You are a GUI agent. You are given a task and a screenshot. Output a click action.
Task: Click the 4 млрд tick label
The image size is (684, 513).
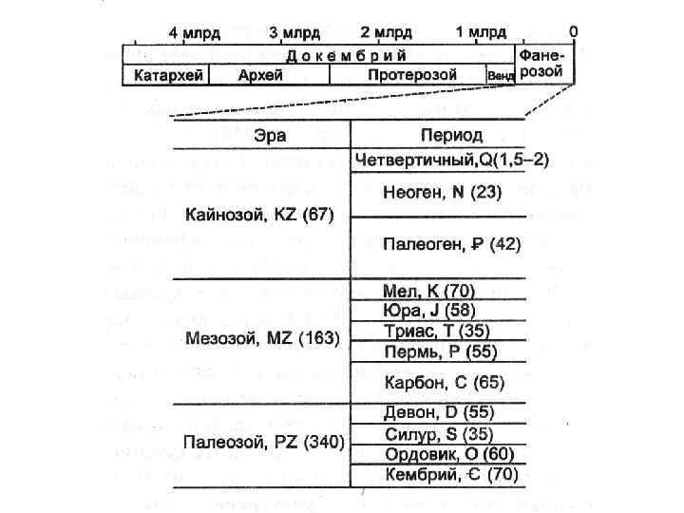pos(195,31)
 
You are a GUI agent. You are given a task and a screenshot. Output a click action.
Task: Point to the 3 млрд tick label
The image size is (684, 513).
pos(294,31)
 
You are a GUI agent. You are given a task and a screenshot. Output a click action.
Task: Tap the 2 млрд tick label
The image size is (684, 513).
pos(387,31)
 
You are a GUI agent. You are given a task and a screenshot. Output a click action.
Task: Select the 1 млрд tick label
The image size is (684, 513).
pos(481,31)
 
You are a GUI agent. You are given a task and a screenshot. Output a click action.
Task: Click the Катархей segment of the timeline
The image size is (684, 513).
pos(167,75)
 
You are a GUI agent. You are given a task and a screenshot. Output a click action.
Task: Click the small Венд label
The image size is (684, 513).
pos(500,76)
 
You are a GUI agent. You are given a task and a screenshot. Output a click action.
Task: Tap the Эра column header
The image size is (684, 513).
pos(270,135)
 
